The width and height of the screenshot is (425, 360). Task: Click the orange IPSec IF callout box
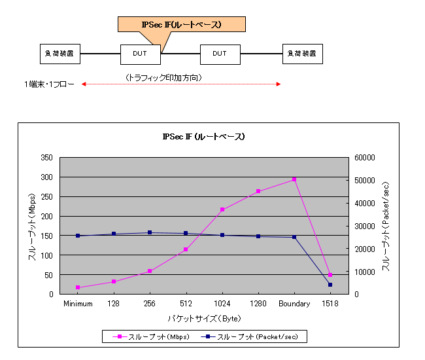click(181, 25)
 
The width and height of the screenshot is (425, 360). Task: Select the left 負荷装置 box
click(60, 54)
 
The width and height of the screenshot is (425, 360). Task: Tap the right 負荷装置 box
click(302, 54)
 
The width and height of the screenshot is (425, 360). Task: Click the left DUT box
click(141, 54)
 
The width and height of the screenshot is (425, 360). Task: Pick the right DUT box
click(220, 54)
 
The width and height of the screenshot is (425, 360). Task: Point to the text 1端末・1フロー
click(50, 84)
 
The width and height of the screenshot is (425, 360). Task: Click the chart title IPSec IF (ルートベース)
click(203, 137)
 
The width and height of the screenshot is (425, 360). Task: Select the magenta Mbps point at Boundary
click(294, 179)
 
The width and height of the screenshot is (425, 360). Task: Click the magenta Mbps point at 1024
click(222, 209)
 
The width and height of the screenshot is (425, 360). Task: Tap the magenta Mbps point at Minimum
click(78, 287)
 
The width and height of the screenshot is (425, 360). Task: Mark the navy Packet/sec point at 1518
click(330, 285)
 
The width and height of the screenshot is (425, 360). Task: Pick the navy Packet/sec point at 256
click(150, 232)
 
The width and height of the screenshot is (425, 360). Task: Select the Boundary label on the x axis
click(294, 304)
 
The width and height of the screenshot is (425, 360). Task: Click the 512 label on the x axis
click(186, 304)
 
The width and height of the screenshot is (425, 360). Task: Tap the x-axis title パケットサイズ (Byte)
click(204, 319)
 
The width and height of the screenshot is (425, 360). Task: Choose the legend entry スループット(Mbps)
click(152, 337)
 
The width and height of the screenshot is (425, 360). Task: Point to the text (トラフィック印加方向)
click(163, 77)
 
